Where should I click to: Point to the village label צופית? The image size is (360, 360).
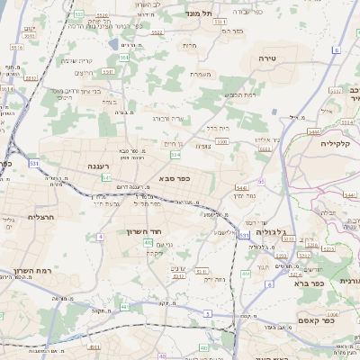[203, 145]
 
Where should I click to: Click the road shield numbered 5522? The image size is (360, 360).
[157, 32]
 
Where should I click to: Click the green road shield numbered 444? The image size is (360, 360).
[246, 273]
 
